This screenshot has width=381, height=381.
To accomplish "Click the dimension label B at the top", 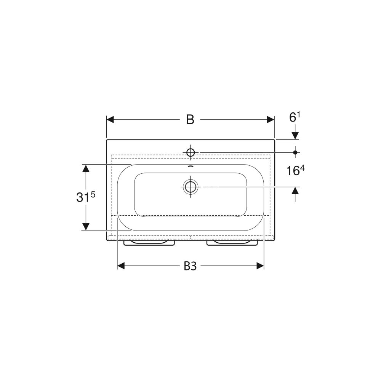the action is coord(190,120).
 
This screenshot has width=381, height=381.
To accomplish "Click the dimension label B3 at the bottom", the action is coord(190,266).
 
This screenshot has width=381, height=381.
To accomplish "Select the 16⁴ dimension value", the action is coord(295,170).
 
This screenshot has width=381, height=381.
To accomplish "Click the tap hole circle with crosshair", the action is coord(190,153).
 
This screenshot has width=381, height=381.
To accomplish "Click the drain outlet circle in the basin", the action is coord(190,187).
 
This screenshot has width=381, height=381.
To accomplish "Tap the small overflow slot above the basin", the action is coord(190,166).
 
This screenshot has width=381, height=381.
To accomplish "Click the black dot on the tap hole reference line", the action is coord(295,152).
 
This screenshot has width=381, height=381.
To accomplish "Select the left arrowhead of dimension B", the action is coord(110,120).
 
